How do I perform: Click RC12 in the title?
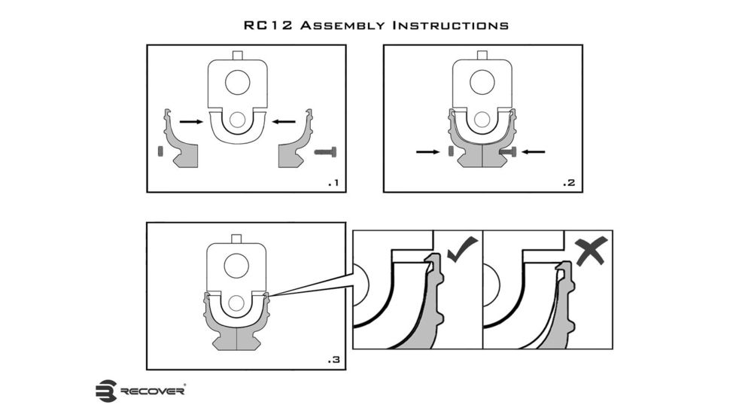[268, 25]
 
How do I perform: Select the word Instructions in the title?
[451, 25]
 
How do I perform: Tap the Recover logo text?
[153, 391]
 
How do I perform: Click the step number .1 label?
[333, 183]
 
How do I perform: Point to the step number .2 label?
[570, 183]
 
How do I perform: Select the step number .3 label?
[333, 360]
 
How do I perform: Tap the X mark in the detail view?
[592, 251]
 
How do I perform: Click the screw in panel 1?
[325, 152]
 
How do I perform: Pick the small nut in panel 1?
[160, 151]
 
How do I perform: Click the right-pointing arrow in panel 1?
[191, 122]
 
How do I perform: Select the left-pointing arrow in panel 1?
[284, 122]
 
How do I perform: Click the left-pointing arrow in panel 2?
[534, 151]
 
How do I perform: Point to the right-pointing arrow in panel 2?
[428, 151]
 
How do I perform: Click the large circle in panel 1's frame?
[238, 83]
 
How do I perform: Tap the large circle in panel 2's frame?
[482, 83]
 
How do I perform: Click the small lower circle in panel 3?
[236, 303]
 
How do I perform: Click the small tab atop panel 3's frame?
[236, 239]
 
